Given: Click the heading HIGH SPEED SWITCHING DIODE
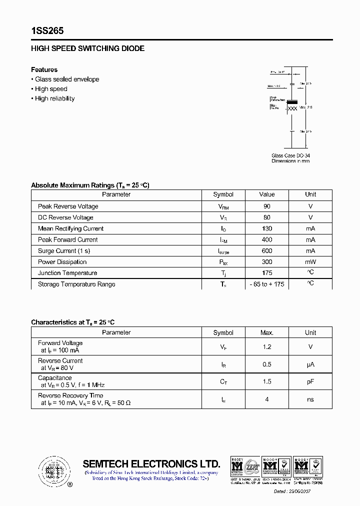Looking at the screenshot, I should [87, 48].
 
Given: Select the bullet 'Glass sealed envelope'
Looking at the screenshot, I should [67, 79].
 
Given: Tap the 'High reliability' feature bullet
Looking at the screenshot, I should [54, 98].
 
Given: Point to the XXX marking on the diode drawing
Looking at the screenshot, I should [293, 108].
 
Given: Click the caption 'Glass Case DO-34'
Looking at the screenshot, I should [290, 155].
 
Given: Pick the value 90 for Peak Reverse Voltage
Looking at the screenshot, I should [266, 206].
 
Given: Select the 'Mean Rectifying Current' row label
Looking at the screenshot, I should [70, 228].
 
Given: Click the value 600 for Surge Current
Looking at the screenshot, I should [266, 251].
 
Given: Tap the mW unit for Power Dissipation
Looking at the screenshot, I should [310, 262].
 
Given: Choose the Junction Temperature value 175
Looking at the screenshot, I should [266, 273].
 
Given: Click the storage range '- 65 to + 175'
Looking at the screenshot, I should [266, 284].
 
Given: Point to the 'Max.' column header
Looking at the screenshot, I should [266, 332].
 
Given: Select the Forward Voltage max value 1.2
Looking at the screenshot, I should [266, 346].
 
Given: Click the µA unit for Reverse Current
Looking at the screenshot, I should [310, 364].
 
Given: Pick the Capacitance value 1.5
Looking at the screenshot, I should [266, 381].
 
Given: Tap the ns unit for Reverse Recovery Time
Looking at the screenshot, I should [310, 399].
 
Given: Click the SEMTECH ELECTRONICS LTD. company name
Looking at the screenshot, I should [151, 463].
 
